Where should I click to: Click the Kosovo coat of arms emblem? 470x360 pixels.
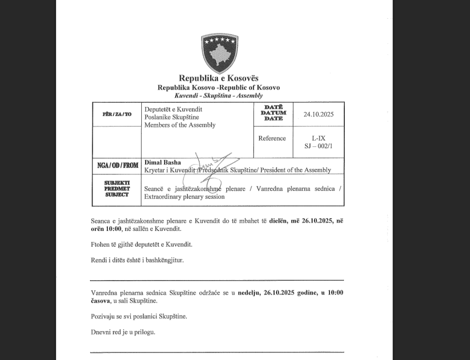coord(218,53)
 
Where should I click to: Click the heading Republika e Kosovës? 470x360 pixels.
coord(218,79)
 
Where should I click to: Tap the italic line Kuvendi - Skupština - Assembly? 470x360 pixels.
coord(218,96)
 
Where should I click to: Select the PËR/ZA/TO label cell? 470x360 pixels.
coord(117,114)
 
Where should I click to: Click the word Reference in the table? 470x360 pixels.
coord(272,138)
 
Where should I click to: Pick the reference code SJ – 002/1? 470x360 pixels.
coord(319,146)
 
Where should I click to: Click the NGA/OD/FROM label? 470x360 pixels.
coord(117,166)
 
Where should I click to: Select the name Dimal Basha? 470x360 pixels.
coord(162,163)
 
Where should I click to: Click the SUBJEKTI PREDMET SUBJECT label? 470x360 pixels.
coord(117,189)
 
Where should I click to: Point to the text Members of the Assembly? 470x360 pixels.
coord(180,125)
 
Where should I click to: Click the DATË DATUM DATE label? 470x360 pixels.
coord(274,113)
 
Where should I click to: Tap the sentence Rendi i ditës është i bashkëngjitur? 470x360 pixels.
coord(137,260)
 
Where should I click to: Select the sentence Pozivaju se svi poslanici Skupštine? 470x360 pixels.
coord(139,316)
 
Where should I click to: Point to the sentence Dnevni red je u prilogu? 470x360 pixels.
coord(123,332)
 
